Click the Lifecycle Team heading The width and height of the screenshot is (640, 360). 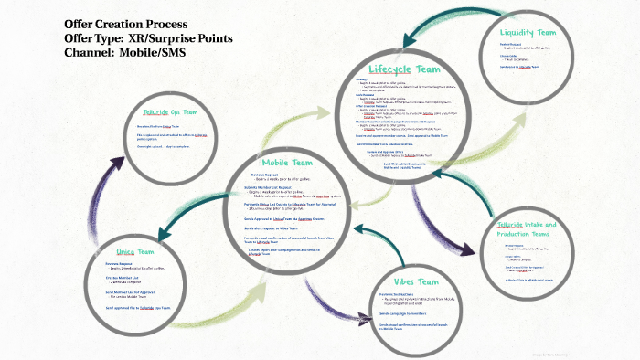[x=400, y=69]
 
